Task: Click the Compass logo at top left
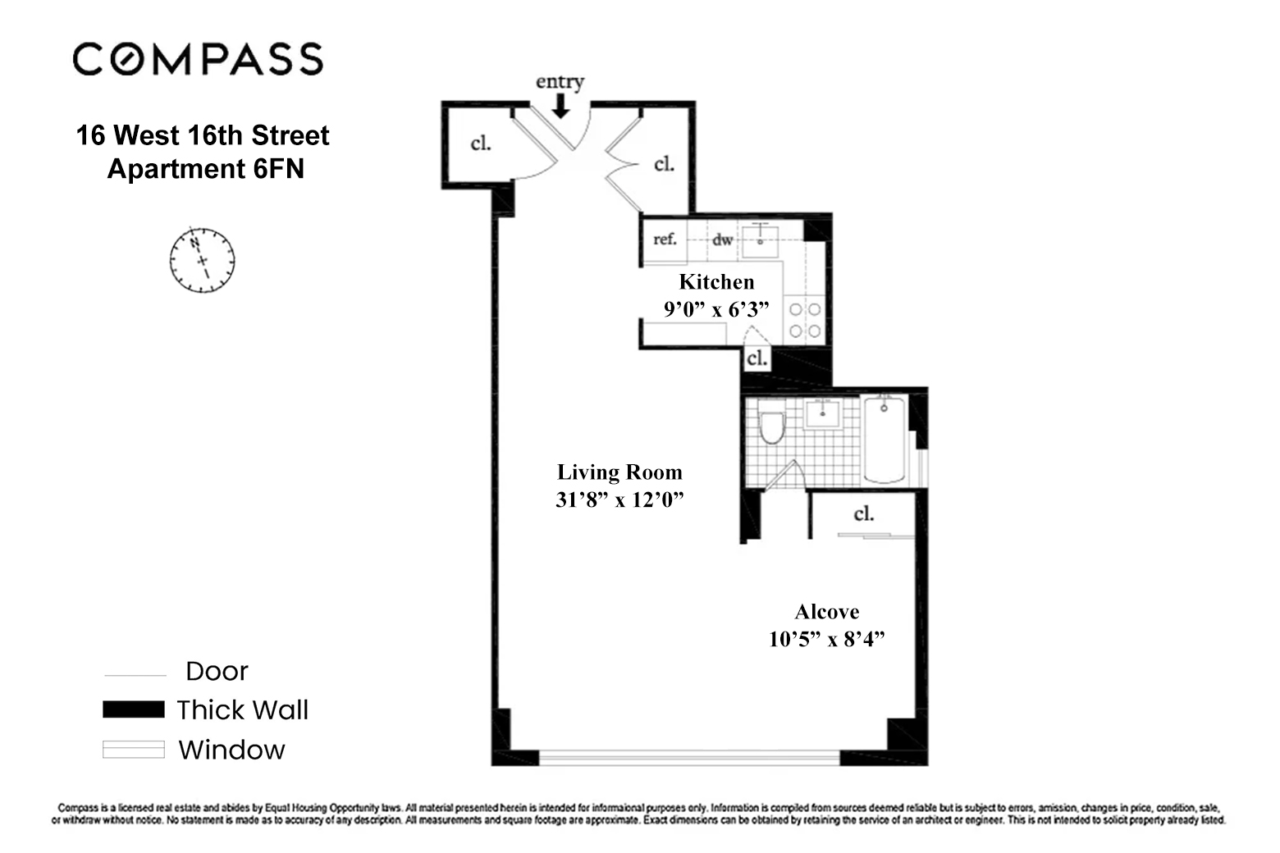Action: tap(198, 60)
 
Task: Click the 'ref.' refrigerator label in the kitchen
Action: tap(665, 239)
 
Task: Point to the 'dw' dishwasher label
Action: tap(722, 239)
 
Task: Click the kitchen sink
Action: tap(762, 237)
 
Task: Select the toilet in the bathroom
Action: tap(771, 426)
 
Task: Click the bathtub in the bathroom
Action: tap(885, 439)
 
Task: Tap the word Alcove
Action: tap(826, 612)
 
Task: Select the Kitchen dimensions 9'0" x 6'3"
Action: tap(716, 309)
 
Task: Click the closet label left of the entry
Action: tap(481, 144)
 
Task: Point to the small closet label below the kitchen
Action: tap(757, 358)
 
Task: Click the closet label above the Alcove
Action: tap(863, 514)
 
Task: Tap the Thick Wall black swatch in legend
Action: tap(133, 709)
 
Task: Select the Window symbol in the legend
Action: tap(133, 750)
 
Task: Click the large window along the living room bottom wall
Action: tap(689, 758)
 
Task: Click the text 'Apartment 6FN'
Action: tap(205, 169)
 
